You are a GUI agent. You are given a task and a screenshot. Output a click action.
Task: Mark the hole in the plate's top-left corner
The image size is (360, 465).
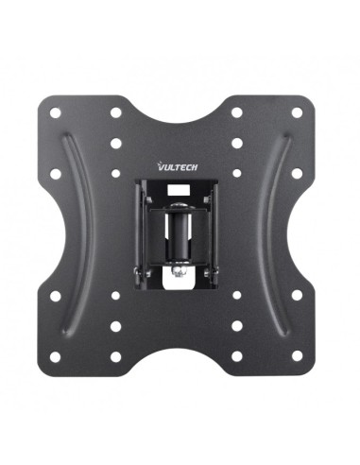[56, 112]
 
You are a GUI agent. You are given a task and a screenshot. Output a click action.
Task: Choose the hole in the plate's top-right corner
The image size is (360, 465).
[297, 112]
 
